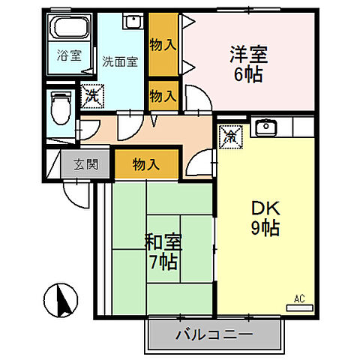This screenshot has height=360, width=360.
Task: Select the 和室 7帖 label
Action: click(163, 253)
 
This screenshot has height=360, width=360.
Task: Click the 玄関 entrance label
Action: click(84, 163)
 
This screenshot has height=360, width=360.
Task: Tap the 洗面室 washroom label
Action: click(120, 62)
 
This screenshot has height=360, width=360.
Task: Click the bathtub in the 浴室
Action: click(69, 30)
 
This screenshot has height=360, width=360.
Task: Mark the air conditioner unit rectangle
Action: click(299, 307)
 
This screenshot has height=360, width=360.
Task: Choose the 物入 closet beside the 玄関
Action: click(146, 163)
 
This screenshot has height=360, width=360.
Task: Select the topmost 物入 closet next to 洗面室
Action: click(163, 43)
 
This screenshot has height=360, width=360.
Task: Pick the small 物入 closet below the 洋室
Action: click(163, 95)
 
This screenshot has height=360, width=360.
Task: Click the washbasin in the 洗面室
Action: click(132, 22)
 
